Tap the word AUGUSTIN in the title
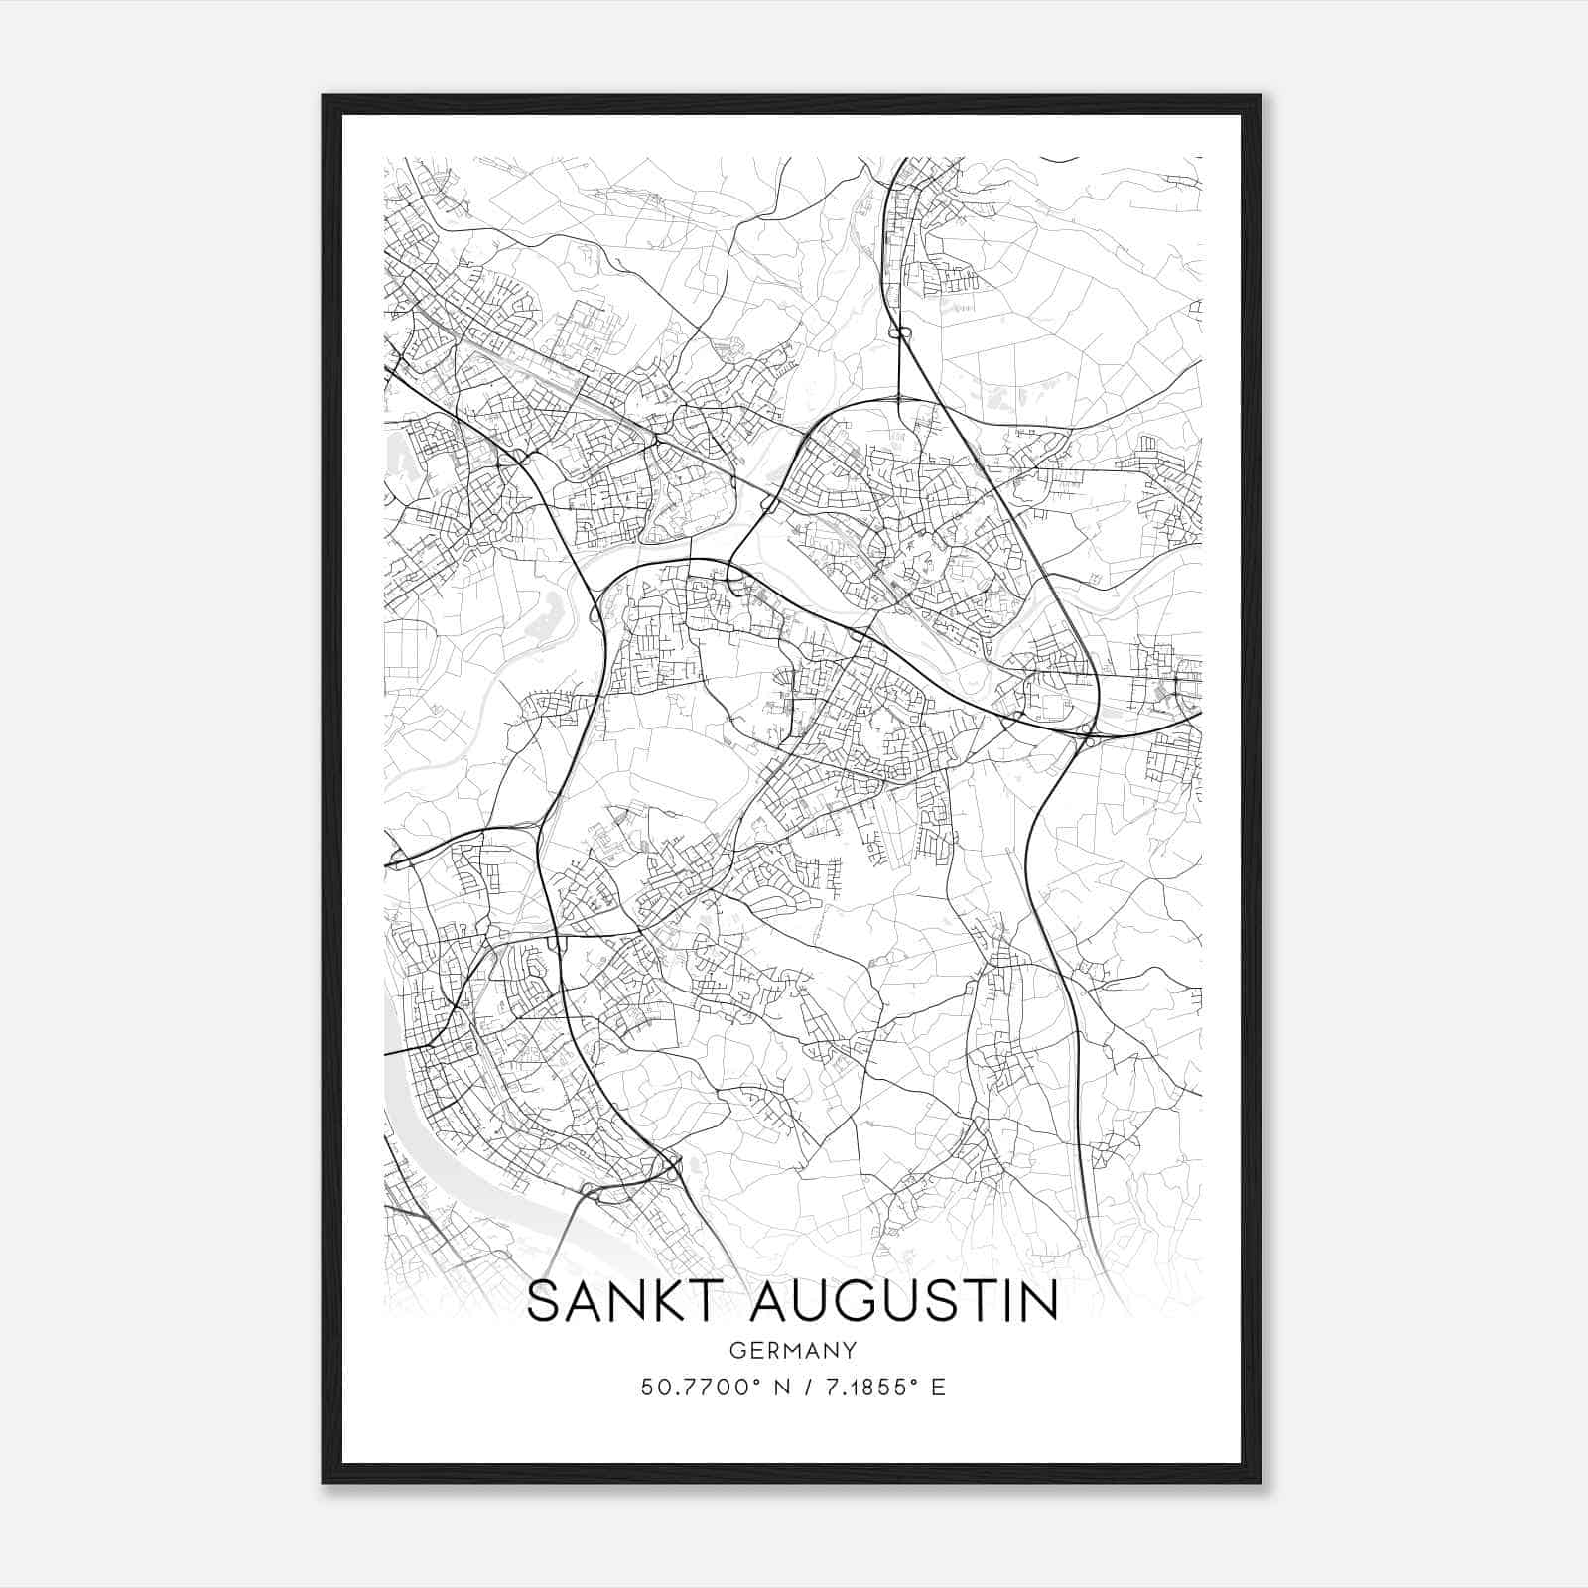click(x=904, y=1302)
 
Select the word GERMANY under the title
click(x=793, y=1351)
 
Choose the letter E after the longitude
click(x=938, y=1388)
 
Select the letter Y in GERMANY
click(x=850, y=1351)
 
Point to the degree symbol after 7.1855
click(x=915, y=1382)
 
